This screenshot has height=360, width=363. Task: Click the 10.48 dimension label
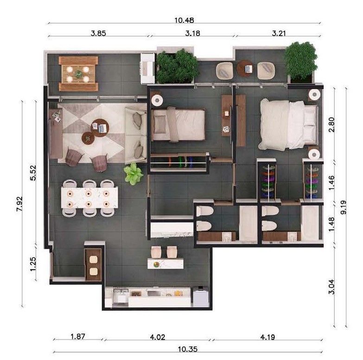click(184, 20)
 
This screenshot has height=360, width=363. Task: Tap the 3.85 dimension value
click(98, 33)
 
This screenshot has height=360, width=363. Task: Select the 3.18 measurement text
click(192, 33)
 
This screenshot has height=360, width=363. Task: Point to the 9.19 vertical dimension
click(344, 207)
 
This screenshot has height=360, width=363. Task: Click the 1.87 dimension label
click(78, 336)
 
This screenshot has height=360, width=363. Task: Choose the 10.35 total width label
click(188, 349)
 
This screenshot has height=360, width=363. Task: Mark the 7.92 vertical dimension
click(19, 204)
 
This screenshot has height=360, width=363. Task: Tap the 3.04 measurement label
click(331, 287)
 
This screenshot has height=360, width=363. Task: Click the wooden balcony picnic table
click(78, 74)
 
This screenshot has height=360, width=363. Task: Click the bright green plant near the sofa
click(134, 174)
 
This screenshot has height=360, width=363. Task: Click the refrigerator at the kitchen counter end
click(201, 297)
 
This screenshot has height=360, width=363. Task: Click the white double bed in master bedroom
click(289, 125)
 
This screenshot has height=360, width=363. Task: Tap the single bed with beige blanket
click(178, 124)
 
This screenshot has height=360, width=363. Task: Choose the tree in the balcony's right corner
click(300, 61)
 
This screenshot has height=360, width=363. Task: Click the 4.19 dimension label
click(267, 337)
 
